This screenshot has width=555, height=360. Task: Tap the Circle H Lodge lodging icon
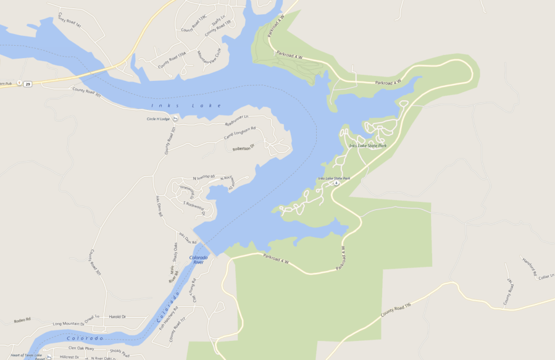click(175, 119)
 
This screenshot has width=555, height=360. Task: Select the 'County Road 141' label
click(70, 20)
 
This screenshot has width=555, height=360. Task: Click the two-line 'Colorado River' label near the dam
click(198, 259)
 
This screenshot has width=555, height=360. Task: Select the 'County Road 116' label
click(396, 309)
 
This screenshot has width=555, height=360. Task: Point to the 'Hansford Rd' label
click(529, 267)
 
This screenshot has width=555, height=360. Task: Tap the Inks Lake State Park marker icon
click(336, 183)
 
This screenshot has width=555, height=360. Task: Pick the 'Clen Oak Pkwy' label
click(80, 348)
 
